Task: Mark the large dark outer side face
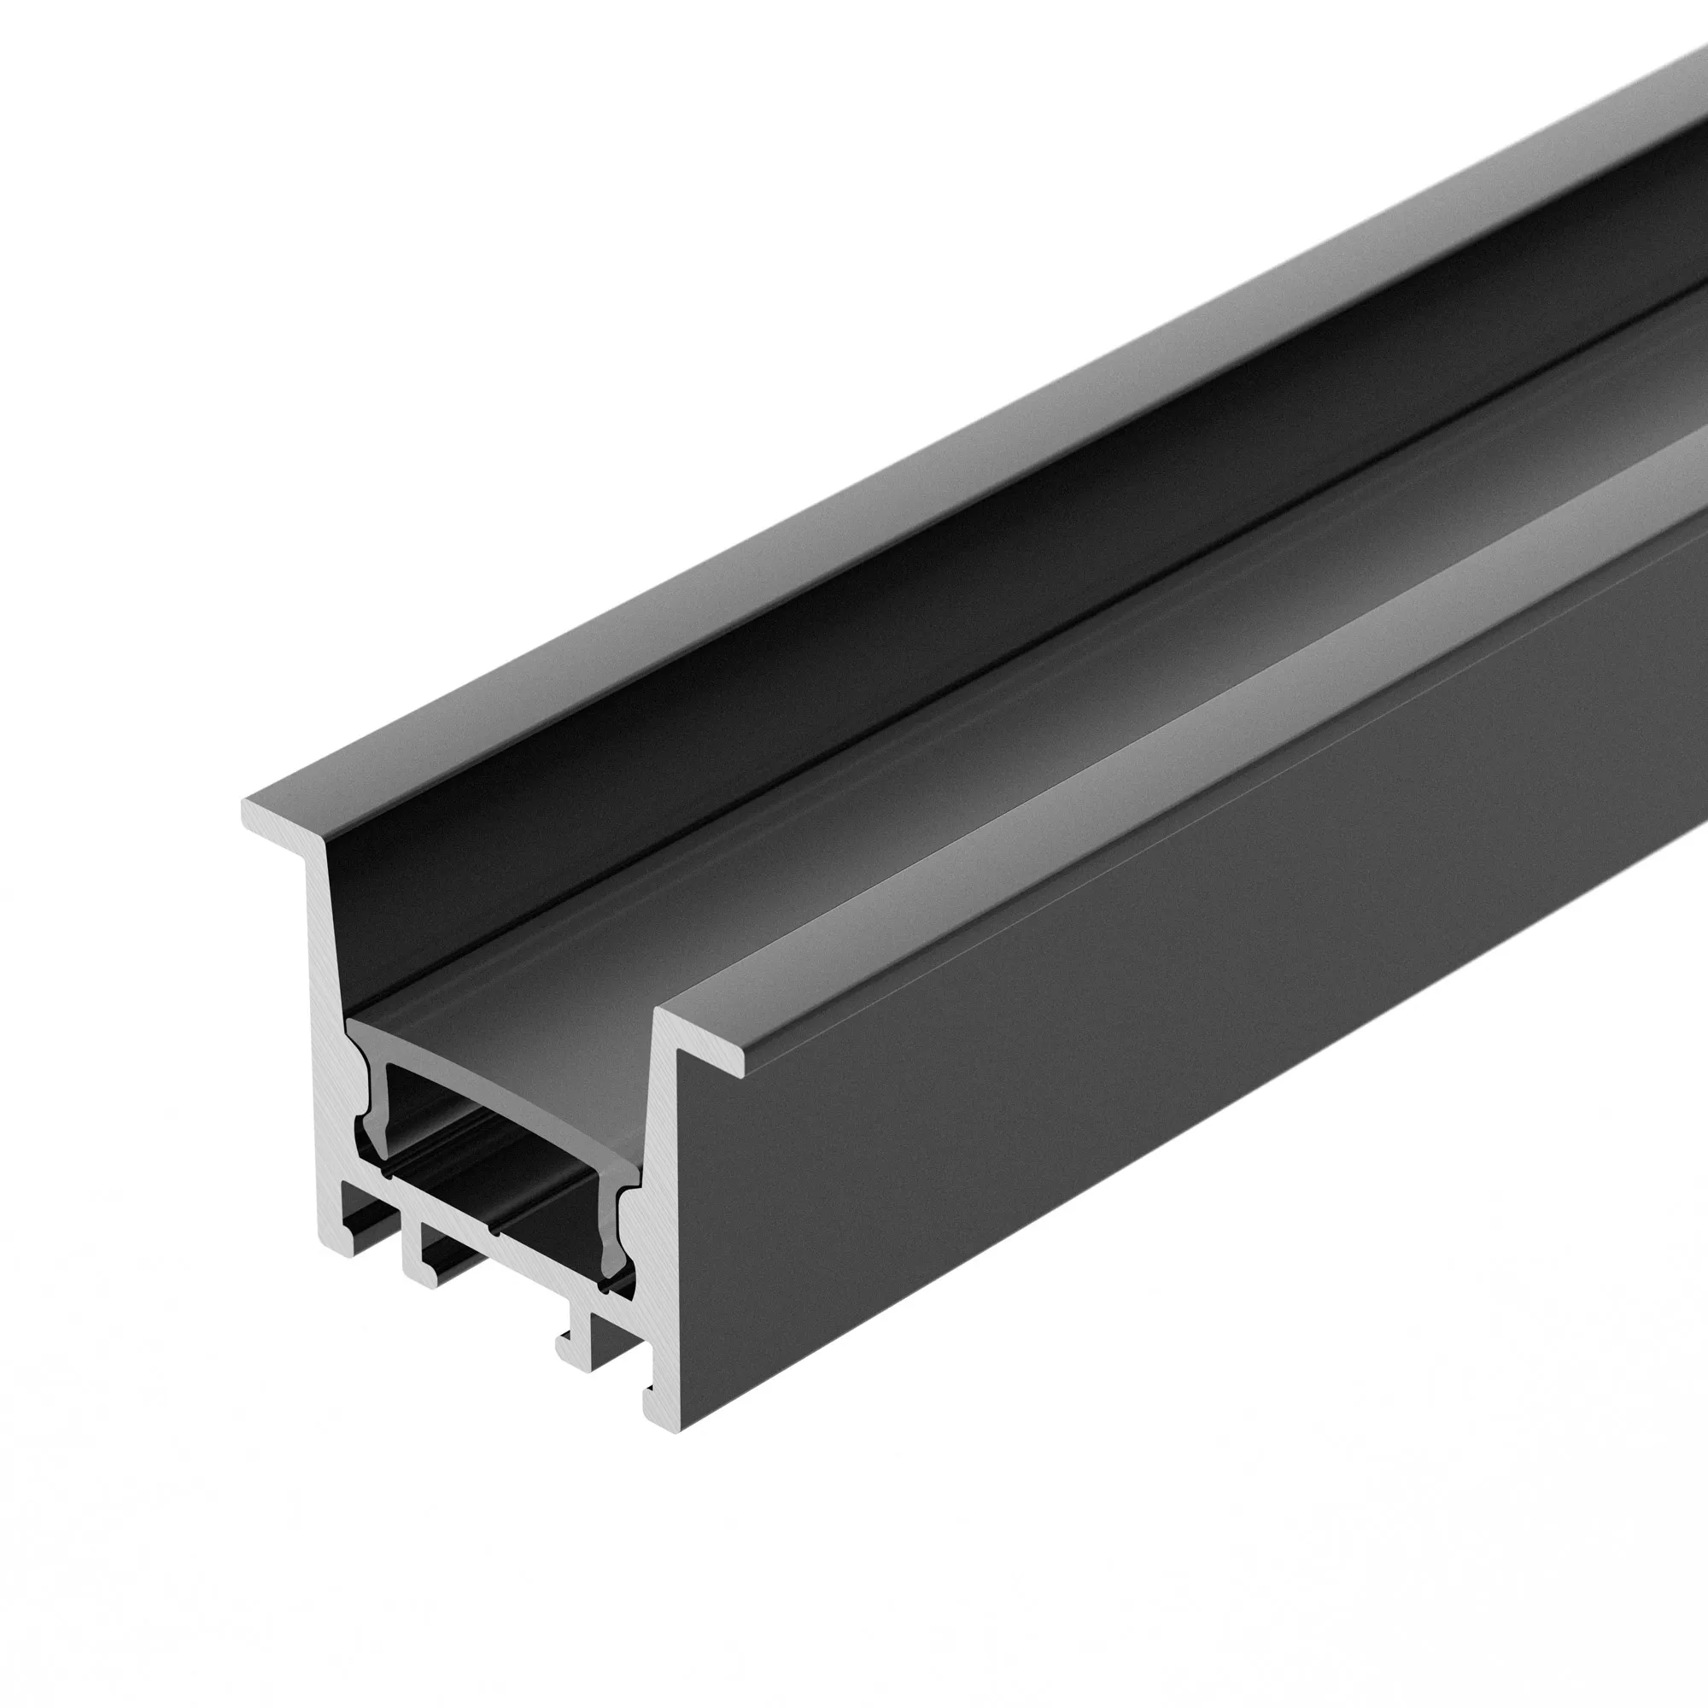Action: click(1149, 1105)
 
